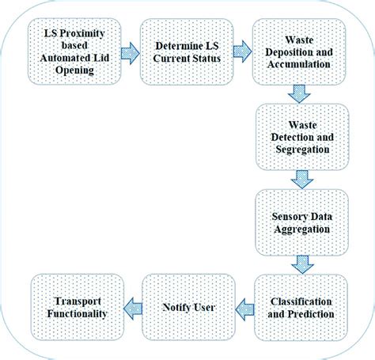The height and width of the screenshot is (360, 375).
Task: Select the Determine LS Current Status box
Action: pyautogui.click(x=184, y=53)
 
